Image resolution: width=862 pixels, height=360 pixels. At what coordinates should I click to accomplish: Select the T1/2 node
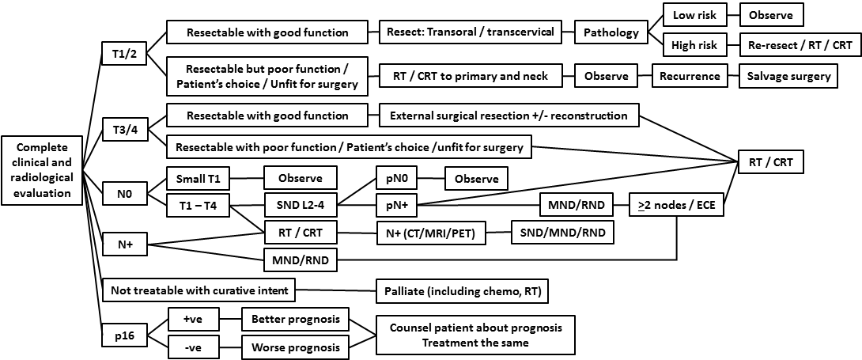click(123, 55)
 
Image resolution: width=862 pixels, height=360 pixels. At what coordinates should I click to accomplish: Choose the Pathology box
click(611, 32)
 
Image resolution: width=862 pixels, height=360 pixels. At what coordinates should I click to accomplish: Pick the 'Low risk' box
click(694, 15)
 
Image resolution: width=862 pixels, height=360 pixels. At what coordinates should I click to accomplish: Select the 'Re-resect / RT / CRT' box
click(799, 45)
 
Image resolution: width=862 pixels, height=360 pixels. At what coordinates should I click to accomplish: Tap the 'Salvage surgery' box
click(799, 77)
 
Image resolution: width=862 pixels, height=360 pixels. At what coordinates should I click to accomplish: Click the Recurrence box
click(690, 77)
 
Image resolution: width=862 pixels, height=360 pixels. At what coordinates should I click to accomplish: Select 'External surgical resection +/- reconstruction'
click(509, 116)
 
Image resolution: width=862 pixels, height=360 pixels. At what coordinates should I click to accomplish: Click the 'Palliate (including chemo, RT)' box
click(462, 291)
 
